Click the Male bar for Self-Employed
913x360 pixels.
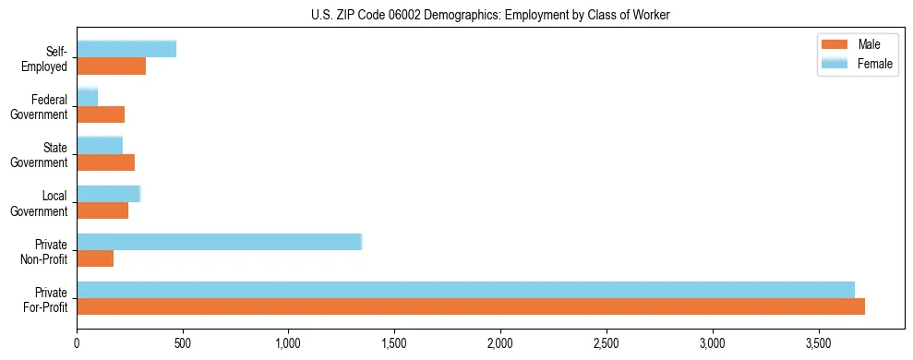coord(111,66)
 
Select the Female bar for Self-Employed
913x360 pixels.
coord(126,49)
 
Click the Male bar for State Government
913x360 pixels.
coord(105,162)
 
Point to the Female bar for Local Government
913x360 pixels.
coord(108,194)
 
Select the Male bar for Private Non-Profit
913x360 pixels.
coord(95,258)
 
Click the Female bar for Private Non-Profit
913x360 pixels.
coord(219,242)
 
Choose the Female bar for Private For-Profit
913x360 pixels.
coord(465,290)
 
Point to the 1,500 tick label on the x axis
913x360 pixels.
coord(394,344)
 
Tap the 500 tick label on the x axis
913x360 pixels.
coord(183,344)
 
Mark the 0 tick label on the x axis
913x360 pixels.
coord(77,344)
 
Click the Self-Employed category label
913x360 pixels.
coord(45,59)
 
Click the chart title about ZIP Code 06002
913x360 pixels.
coord(488,14)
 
